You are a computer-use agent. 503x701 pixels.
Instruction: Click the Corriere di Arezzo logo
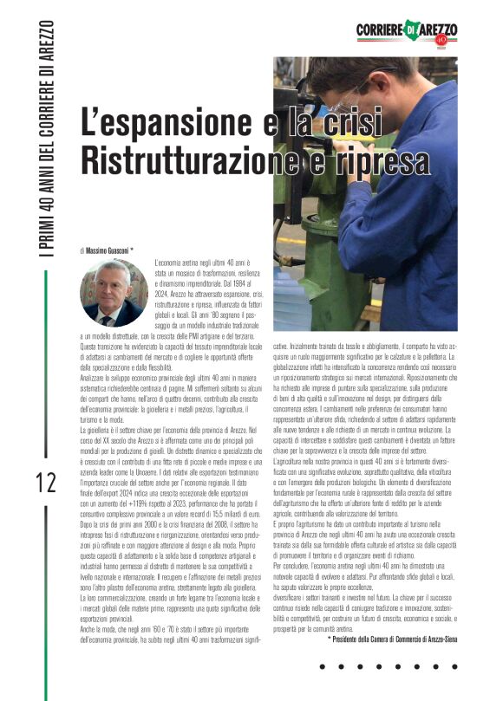click(x=404, y=32)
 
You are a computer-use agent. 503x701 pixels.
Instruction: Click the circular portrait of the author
click(x=114, y=293)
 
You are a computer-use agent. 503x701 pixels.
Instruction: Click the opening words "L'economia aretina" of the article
click(x=182, y=262)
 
